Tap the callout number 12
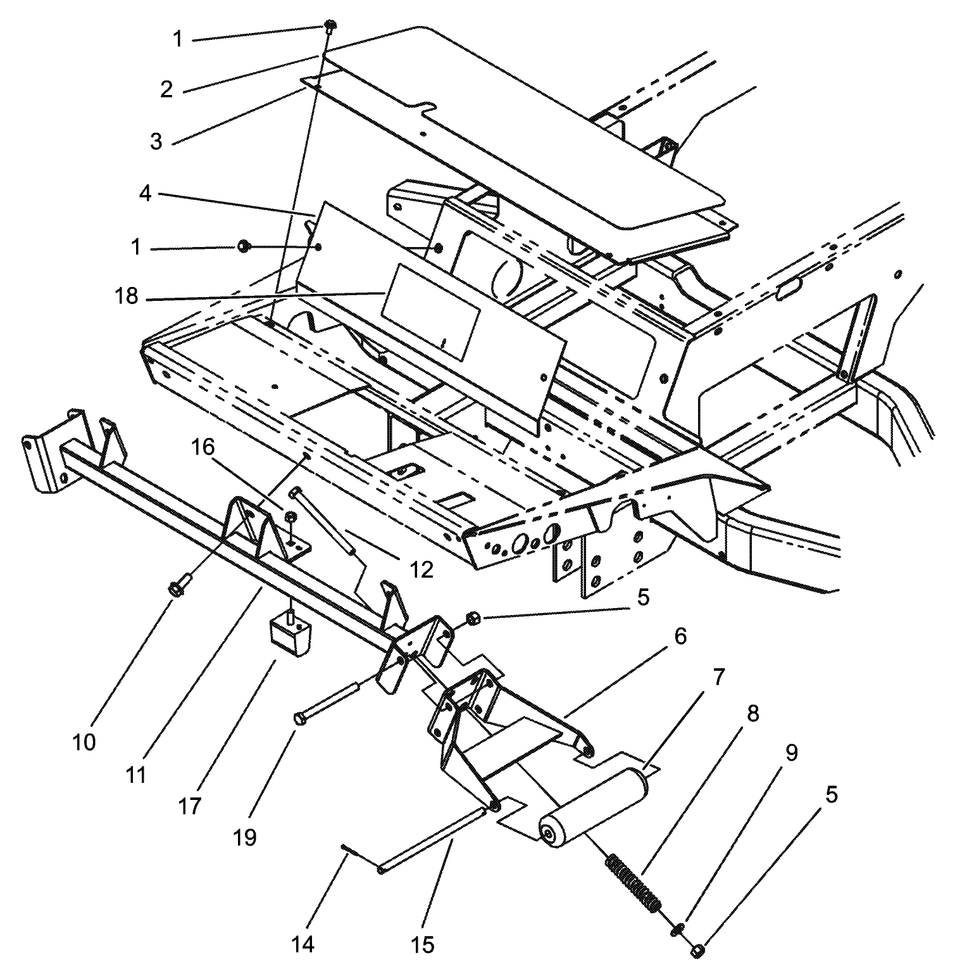click(x=421, y=569)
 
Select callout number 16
click(x=204, y=448)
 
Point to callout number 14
click(x=303, y=944)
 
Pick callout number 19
click(x=245, y=837)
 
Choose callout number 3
click(x=156, y=141)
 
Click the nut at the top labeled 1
click(x=331, y=25)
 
